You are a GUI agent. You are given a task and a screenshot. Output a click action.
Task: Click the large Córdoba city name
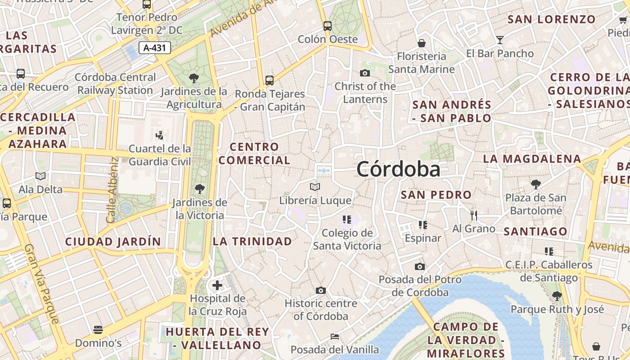click(398, 170)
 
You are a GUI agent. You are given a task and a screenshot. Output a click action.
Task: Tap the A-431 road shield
click(155, 48)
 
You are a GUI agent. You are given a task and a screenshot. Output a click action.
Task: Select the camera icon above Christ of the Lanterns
click(364, 73)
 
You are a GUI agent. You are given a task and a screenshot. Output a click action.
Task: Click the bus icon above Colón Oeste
click(328, 26)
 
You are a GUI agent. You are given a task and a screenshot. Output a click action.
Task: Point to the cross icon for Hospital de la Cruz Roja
click(217, 285)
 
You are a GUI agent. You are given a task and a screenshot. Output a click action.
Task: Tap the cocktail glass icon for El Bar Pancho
click(499, 40)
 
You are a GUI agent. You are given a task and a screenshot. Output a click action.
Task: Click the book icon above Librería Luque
click(315, 187)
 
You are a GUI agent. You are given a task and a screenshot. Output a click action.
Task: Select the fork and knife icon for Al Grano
click(473, 216)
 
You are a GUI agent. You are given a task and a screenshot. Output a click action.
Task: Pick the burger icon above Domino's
click(98, 330)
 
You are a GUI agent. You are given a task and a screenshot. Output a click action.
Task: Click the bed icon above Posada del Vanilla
click(334, 336)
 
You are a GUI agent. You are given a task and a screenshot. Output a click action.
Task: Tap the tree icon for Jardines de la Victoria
click(199, 189)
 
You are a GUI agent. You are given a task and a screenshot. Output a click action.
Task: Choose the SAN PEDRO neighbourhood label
click(436, 195)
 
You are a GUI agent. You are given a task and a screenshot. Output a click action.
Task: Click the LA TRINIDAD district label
click(252, 241)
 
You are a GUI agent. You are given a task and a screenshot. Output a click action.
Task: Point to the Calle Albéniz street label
click(112, 190)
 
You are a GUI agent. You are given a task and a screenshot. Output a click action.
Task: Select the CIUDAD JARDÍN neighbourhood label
click(113, 242)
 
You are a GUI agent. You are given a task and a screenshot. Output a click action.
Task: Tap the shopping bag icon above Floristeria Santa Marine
click(422, 43)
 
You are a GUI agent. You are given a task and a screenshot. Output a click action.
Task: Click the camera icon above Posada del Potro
click(420, 266)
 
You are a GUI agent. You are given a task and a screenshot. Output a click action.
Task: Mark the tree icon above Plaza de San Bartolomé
click(535, 184)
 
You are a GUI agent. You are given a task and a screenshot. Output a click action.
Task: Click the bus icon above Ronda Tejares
click(270, 81)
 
